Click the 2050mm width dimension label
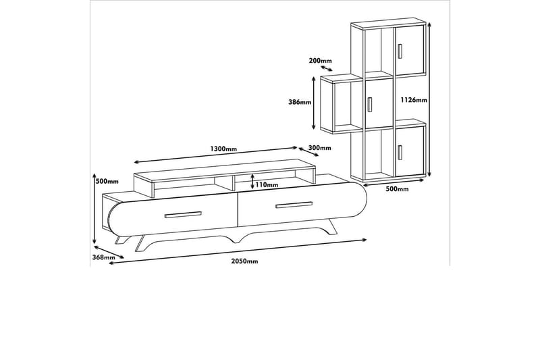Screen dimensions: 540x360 [x=244, y=261]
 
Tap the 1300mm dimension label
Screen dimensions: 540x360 [x=223, y=149]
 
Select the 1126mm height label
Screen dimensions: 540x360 [x=414, y=100]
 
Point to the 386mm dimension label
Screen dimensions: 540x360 [x=300, y=102]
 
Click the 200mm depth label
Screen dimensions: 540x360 [x=320, y=61]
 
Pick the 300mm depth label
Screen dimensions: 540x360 [x=319, y=148]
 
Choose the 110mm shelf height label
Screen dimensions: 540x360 [x=267, y=185]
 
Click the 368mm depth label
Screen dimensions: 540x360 [x=104, y=257]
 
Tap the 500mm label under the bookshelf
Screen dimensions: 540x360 [x=397, y=189]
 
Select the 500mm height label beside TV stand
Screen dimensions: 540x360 [x=107, y=182]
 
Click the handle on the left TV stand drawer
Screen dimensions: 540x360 [x=183, y=215]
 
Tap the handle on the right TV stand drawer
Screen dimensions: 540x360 [x=294, y=205]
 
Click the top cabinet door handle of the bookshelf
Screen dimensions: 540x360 [x=400, y=51]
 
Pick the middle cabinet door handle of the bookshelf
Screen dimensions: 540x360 [x=369, y=105]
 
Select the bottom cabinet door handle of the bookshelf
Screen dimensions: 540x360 [x=400, y=153]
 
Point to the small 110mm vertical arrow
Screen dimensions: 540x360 [x=252, y=181]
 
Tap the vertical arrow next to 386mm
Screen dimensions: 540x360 [x=313, y=103]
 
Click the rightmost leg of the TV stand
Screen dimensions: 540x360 [x=331, y=227]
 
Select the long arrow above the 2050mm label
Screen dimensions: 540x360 [x=238, y=251]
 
